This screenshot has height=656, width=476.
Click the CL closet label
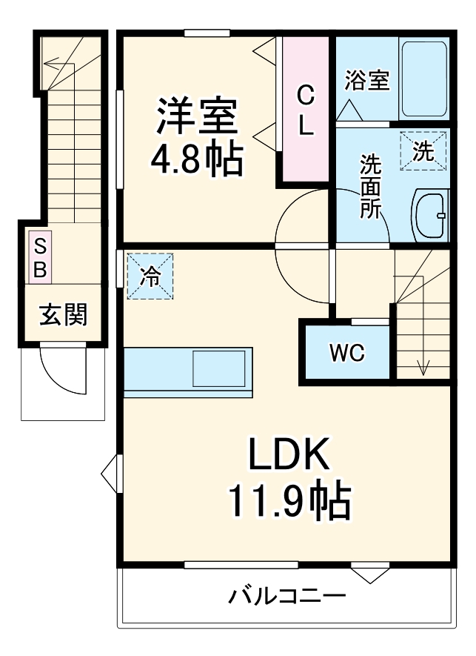(305, 110)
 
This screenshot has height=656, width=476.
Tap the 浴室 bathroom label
(366, 80)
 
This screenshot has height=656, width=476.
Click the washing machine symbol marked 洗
(424, 151)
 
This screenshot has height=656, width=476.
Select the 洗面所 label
(370, 185)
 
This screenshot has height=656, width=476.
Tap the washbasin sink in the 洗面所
(429, 215)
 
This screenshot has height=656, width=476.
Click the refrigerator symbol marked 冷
(150, 276)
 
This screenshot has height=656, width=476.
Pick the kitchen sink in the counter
(219, 368)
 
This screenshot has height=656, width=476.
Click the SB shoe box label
(40, 257)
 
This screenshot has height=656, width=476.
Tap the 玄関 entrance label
(63, 315)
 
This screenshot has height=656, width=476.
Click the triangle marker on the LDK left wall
(110, 473)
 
